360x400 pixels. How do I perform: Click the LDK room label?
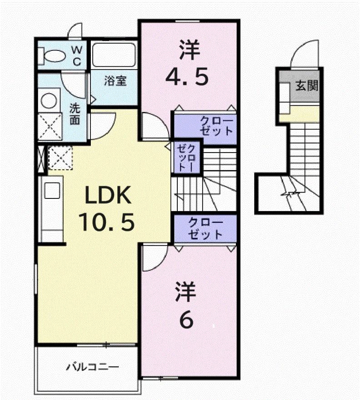click(x=107, y=196)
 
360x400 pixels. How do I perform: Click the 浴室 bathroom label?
click(x=115, y=82)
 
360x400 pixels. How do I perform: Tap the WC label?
click(x=77, y=55)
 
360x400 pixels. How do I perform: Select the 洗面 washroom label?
click(x=75, y=114)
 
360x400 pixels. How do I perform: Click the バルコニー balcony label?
click(x=91, y=366)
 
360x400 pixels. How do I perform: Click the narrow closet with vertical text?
click(x=186, y=157)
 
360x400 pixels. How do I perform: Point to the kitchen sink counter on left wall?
click(x=50, y=209)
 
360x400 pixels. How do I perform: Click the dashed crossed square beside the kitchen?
click(x=60, y=158)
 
